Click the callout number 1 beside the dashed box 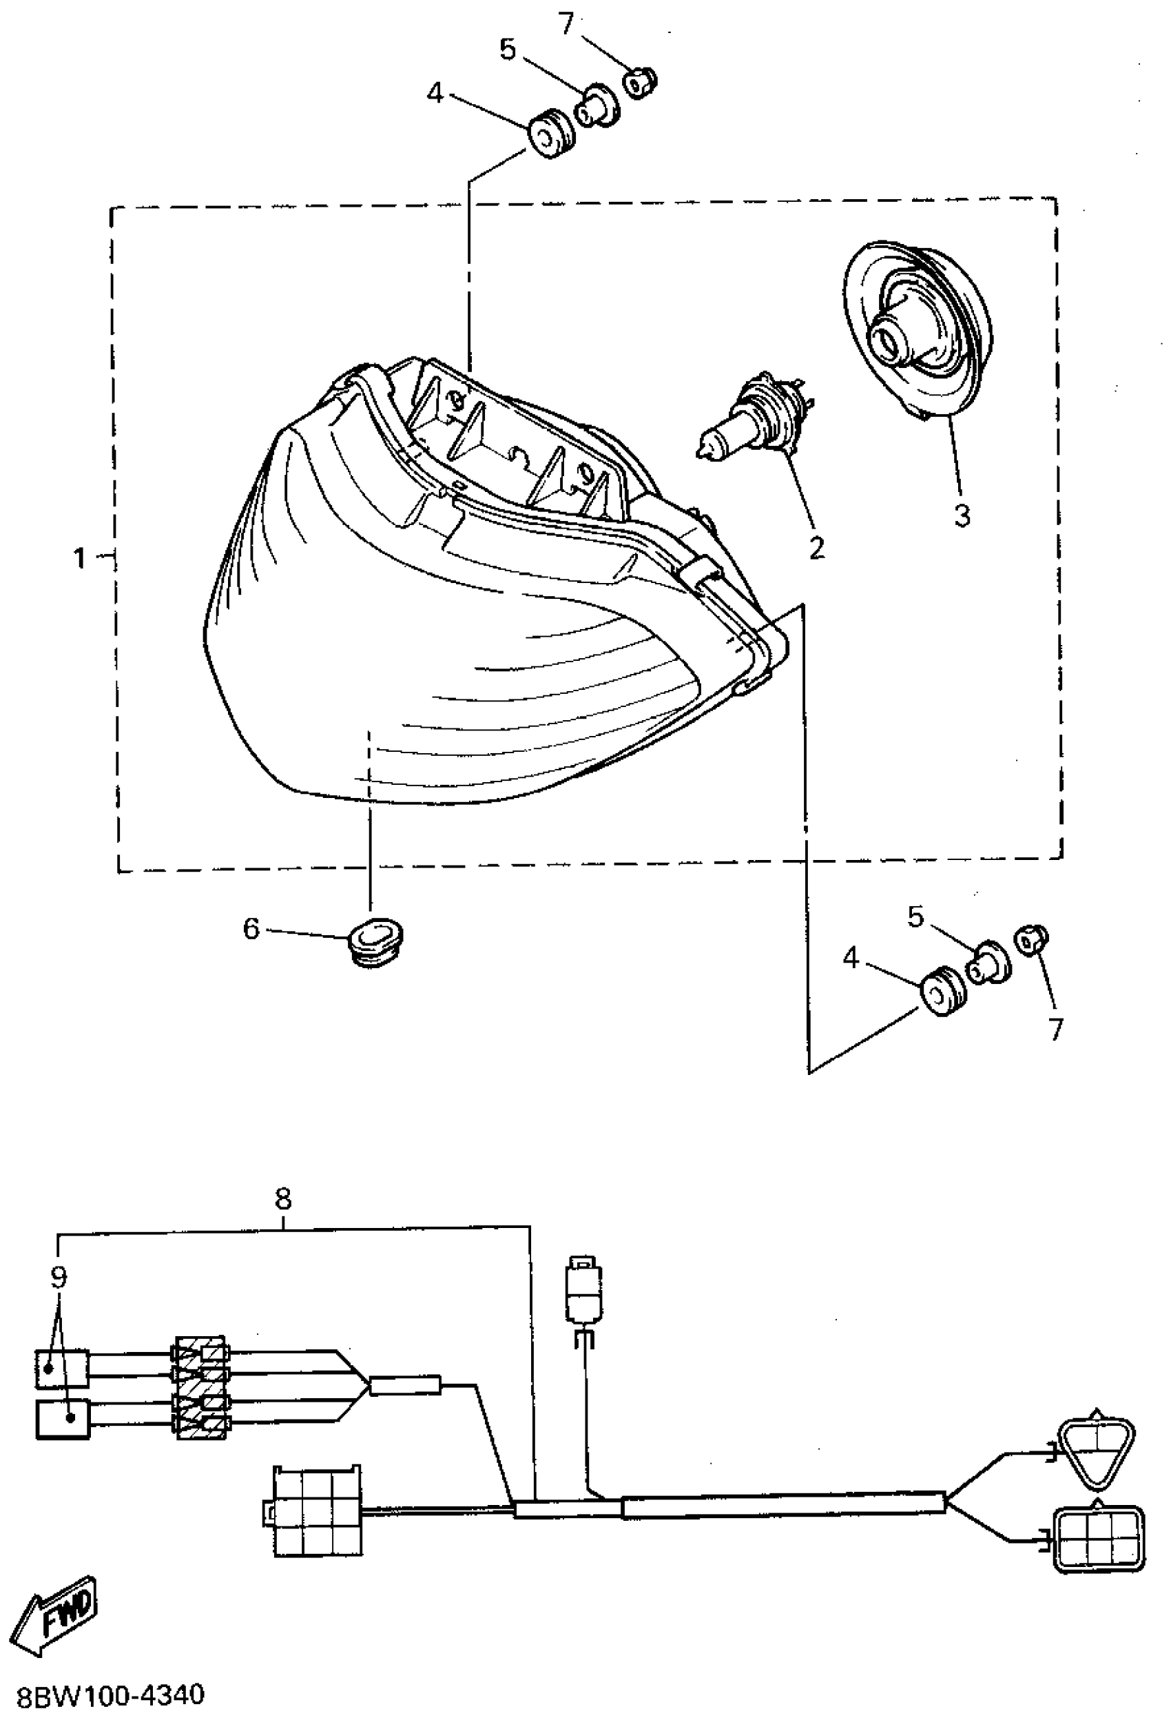coord(80,558)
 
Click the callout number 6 coord(251,928)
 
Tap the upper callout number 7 coord(566,23)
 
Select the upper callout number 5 coord(507,50)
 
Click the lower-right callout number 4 coord(851,959)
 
